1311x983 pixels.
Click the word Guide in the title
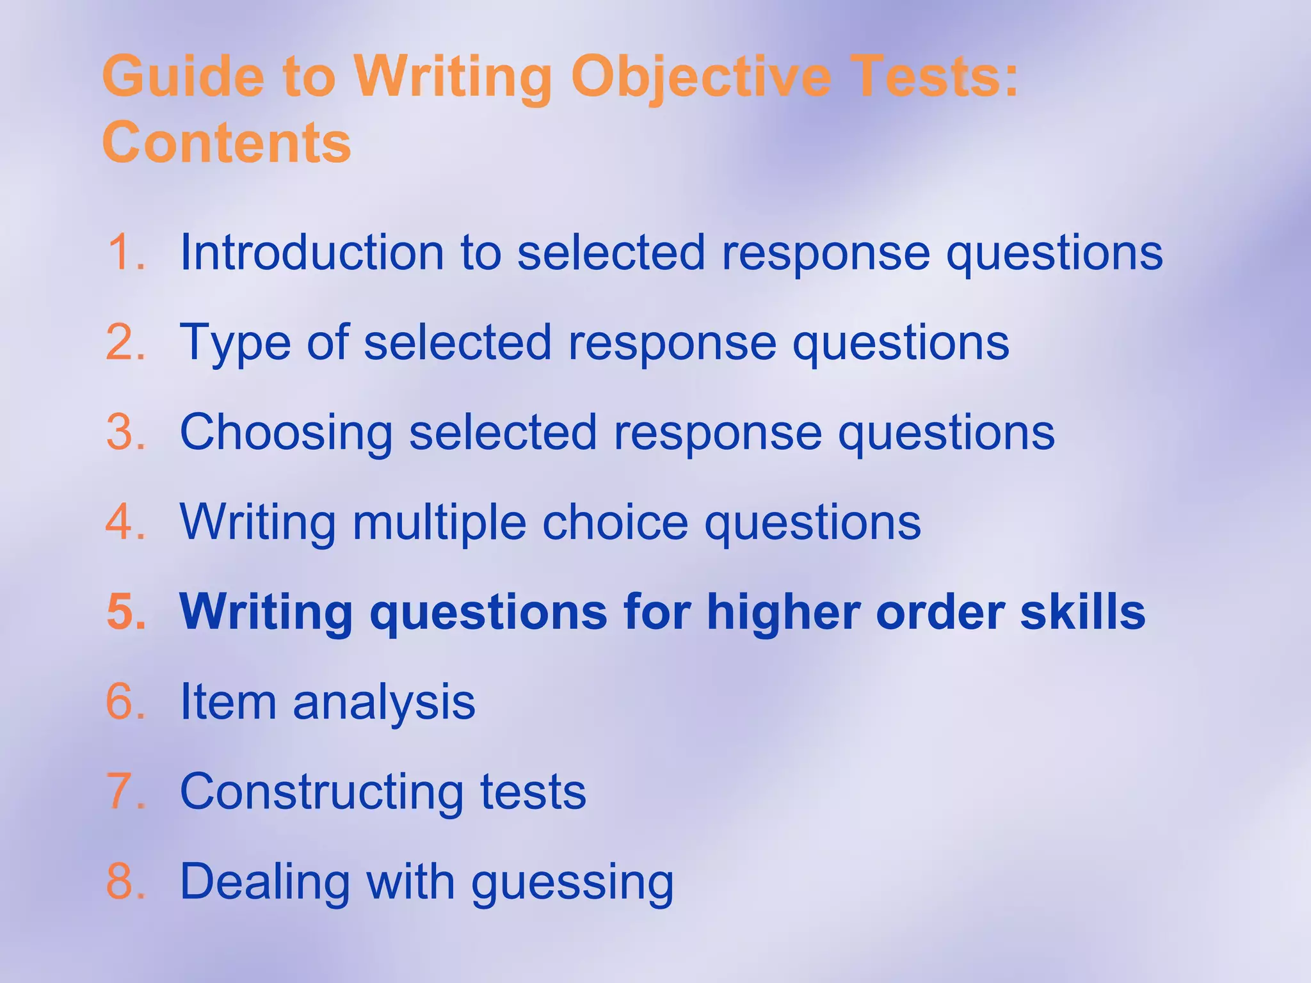183,77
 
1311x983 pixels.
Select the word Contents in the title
227,142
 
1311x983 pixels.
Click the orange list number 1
125,252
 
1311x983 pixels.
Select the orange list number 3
125,432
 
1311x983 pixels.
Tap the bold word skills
1082,612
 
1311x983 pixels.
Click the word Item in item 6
228,702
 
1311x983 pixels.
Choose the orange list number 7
125,792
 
